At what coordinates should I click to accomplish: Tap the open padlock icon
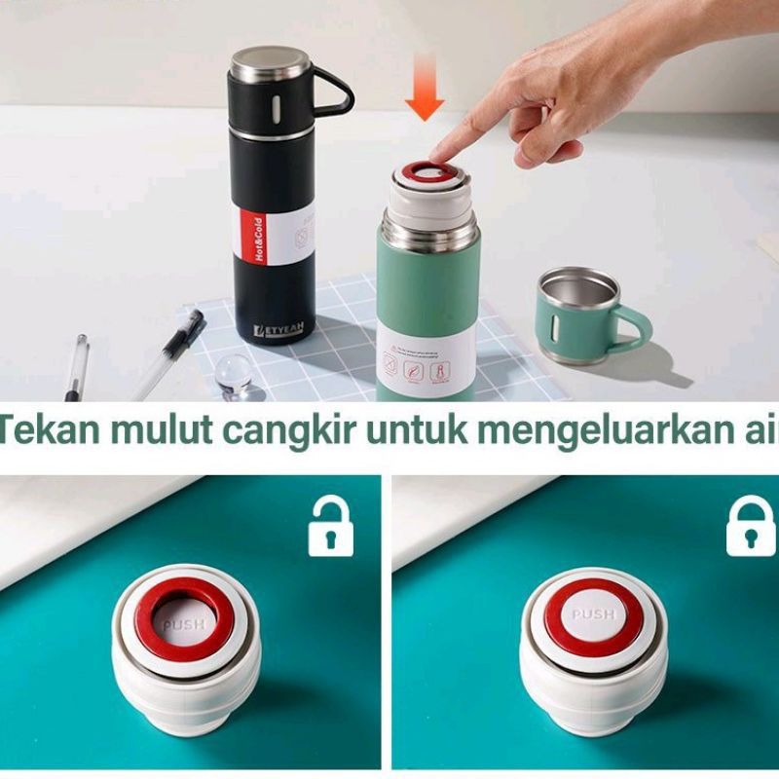coord(330,527)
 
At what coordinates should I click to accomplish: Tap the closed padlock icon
coord(750,527)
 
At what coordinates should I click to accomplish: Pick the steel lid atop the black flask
coord(271,64)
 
